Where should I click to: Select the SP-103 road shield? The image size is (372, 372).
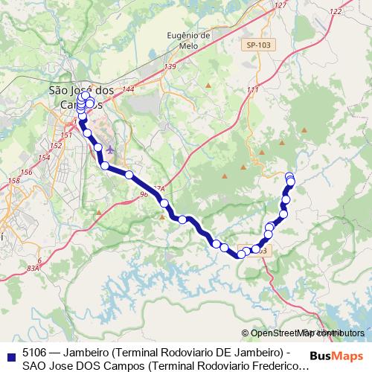pyautogui.click(x=255, y=45)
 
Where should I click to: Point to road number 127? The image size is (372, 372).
pyautogui.click(x=280, y=5)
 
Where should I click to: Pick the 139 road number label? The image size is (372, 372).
pyautogui.click(x=170, y=67)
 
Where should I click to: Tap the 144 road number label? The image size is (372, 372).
pyautogui.click(x=128, y=89)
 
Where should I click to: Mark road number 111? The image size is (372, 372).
pyautogui.click(x=252, y=90)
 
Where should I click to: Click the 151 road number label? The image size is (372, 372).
pyautogui.click(x=66, y=135)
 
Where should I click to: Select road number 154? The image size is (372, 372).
pyautogui.click(x=45, y=157)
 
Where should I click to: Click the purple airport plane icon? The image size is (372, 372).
pyautogui.click(x=111, y=150)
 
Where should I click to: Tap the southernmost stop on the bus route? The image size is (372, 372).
pyautogui.click(x=241, y=254)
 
